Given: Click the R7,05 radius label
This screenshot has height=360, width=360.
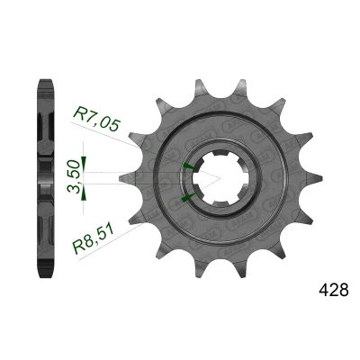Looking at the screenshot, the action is [97, 119].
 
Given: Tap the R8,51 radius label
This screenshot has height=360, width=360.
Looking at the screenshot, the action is [93, 239].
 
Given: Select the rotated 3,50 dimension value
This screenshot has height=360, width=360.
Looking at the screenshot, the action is [74, 176].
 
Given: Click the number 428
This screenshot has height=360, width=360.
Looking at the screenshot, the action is [334, 290].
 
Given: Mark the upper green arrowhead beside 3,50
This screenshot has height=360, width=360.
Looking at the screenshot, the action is [84, 164].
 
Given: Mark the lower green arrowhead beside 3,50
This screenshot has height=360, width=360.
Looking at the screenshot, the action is [84, 192].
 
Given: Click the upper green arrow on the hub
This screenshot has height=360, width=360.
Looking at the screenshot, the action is [188, 166].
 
